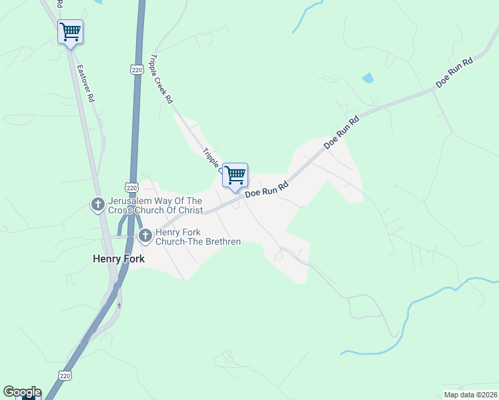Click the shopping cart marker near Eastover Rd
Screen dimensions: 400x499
(x=70, y=31)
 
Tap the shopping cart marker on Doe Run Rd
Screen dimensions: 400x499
(x=235, y=175)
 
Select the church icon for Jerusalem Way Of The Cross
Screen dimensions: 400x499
(x=97, y=205)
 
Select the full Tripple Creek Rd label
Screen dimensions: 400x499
(x=162, y=79)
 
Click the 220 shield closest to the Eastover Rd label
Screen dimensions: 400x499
(x=137, y=69)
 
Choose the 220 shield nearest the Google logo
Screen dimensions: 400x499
(x=63, y=376)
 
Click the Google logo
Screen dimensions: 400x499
(x=22, y=392)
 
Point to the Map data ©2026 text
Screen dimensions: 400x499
(x=470, y=395)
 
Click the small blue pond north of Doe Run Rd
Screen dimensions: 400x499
(x=368, y=78)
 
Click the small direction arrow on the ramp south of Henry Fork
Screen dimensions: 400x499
(x=119, y=305)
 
